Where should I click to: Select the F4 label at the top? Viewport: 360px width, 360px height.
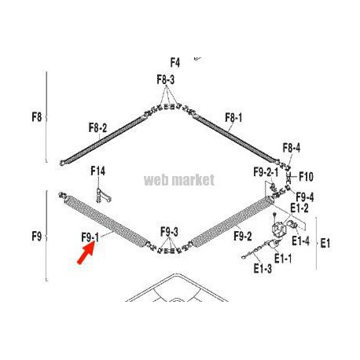point(175,63)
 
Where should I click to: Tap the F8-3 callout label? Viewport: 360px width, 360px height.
point(166,79)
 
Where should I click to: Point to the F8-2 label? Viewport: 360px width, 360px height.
point(97,128)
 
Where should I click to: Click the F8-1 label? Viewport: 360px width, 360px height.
point(233,118)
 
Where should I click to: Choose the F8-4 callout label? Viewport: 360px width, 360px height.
point(292,148)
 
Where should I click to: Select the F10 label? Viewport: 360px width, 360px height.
point(306,177)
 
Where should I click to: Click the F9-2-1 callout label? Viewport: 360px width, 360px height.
point(266,172)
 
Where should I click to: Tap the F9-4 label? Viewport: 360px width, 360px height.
point(305,197)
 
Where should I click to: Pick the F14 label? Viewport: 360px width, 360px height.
point(97,171)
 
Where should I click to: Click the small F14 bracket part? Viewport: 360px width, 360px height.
point(103,196)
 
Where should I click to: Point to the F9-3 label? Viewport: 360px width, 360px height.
point(169,232)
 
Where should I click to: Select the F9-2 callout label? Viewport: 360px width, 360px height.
point(243,237)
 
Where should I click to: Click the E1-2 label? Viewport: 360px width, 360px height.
point(299,208)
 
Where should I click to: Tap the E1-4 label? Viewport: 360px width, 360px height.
point(300,241)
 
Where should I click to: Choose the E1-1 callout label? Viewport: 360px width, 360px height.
point(283,259)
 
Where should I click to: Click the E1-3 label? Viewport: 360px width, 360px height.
point(263,268)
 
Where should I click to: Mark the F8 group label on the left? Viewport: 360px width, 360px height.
point(37,117)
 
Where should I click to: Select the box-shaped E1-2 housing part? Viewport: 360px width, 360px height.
point(279,229)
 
